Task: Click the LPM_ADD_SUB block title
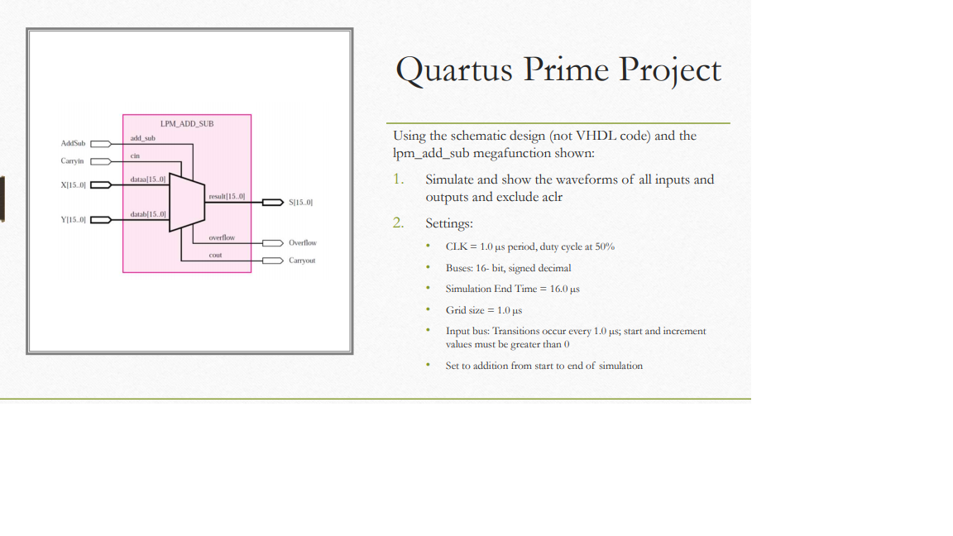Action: (x=187, y=123)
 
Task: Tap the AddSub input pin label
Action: (x=73, y=143)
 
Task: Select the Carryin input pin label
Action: (x=72, y=161)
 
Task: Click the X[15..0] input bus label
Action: (x=73, y=184)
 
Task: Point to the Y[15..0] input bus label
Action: (x=73, y=220)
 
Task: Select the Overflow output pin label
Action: (x=302, y=243)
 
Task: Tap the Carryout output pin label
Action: (x=302, y=261)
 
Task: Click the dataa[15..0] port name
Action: (x=148, y=179)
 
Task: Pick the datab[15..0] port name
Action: (x=148, y=214)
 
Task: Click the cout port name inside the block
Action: (x=215, y=255)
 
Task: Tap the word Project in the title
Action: (x=670, y=70)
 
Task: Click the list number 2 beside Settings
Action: (x=398, y=223)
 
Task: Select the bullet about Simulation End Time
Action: (x=512, y=289)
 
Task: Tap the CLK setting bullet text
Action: (x=529, y=246)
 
